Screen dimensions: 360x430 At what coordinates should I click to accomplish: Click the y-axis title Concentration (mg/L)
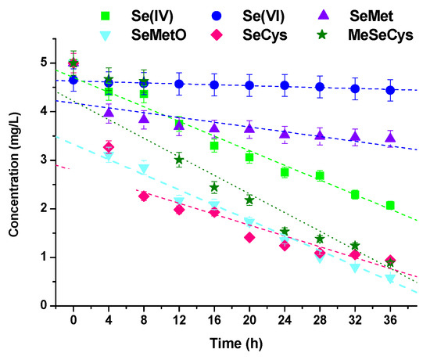(x=13, y=179)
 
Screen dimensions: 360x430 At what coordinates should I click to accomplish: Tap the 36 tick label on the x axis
(x=390, y=320)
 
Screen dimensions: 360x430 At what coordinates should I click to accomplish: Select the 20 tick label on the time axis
(x=249, y=320)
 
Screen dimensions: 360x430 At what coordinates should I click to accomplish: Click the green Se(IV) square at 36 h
(x=390, y=205)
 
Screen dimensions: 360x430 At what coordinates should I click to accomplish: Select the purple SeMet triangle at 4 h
(x=109, y=113)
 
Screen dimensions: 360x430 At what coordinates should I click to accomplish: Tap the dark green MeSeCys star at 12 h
(x=179, y=160)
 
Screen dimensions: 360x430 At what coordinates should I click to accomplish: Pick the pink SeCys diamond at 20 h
(x=249, y=237)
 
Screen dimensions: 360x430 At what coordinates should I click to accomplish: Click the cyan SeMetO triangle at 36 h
(x=390, y=279)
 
